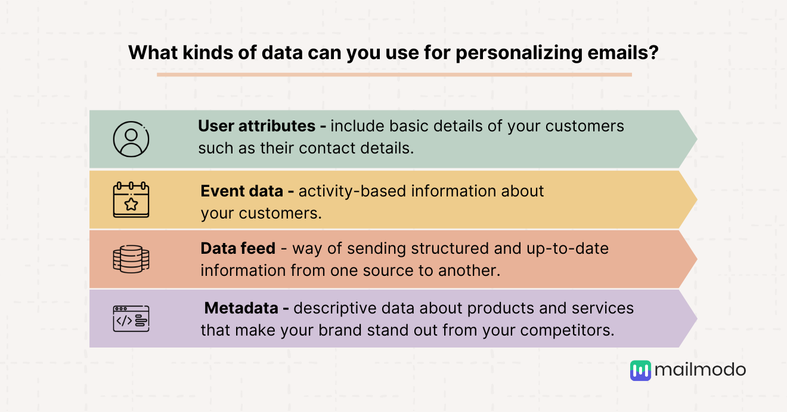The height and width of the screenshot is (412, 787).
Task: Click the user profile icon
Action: [131, 139]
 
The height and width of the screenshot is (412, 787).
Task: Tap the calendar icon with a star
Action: [131, 199]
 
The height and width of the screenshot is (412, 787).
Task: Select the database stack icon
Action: [131, 259]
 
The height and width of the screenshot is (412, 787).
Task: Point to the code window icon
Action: [131, 319]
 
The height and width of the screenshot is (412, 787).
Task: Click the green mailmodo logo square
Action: [640, 370]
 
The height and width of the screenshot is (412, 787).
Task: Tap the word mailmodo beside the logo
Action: [700, 370]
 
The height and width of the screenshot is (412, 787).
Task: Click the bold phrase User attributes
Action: [256, 126]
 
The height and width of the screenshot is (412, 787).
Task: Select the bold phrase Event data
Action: [241, 192]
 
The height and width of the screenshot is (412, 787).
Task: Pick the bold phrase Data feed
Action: [238, 248]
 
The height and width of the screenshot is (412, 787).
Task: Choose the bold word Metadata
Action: [241, 308]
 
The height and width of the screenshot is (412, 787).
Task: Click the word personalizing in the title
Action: [519, 53]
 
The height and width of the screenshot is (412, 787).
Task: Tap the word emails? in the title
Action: [623, 53]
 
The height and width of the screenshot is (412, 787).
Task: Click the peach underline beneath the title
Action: [394, 75]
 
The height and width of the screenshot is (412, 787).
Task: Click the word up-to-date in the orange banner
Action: [568, 249]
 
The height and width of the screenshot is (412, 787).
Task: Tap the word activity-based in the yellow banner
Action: [352, 192]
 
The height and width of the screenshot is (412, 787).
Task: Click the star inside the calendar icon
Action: [131, 204]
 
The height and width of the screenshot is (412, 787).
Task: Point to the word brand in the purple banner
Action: [340, 330]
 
